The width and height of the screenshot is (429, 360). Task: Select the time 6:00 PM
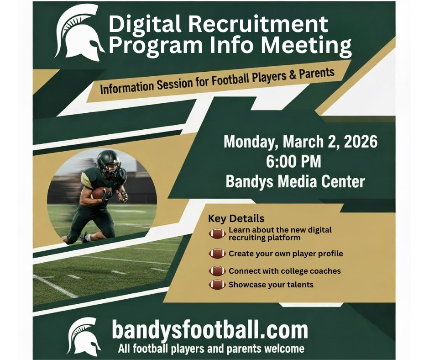[x=299, y=162]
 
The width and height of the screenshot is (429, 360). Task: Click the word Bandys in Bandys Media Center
[x=248, y=182]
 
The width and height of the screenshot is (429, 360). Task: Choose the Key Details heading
[x=236, y=218]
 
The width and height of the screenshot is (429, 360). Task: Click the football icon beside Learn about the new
[x=217, y=233]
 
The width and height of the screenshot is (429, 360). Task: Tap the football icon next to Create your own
[x=217, y=254]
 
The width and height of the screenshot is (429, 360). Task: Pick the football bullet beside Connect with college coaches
[x=217, y=271]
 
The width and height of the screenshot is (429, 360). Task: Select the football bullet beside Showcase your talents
[x=217, y=285]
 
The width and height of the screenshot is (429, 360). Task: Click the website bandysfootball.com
[x=209, y=329]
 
